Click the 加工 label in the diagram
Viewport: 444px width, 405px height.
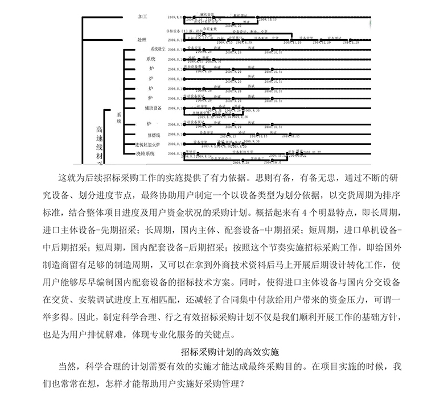[142, 19]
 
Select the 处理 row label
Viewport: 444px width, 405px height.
[142, 40]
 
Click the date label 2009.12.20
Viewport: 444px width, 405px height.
[330, 42]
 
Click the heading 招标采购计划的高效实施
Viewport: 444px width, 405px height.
[221, 351]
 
